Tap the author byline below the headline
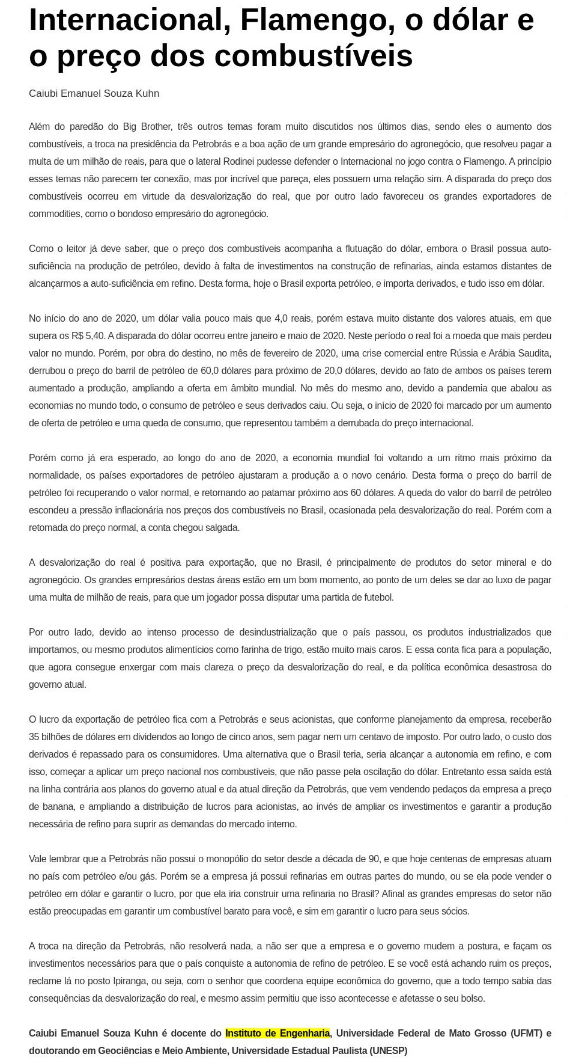click(x=94, y=93)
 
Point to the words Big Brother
click(x=147, y=126)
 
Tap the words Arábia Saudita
click(x=521, y=353)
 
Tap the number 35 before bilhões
click(x=34, y=737)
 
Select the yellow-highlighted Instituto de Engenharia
click(x=277, y=1033)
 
